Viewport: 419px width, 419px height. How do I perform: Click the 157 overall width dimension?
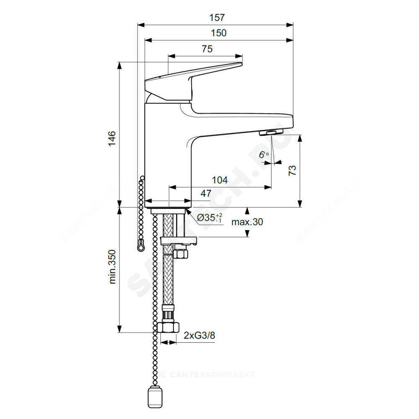(x=217, y=18)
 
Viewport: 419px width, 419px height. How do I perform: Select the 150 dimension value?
(x=219, y=33)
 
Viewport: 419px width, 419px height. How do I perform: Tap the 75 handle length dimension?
(x=207, y=49)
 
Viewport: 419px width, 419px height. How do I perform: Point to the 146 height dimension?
(x=112, y=138)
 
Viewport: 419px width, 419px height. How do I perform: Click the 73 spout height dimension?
(x=292, y=170)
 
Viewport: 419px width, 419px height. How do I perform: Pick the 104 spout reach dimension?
(x=220, y=180)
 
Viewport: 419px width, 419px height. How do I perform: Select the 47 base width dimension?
(x=206, y=193)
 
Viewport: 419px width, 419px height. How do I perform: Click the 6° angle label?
(x=263, y=155)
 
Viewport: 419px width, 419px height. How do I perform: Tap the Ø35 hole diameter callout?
(x=209, y=218)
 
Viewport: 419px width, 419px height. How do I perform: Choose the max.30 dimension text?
(x=247, y=222)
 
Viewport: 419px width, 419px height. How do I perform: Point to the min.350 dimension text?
(x=112, y=266)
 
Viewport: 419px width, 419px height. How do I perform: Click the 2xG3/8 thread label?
(x=199, y=335)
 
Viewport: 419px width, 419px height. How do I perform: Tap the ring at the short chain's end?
(x=140, y=248)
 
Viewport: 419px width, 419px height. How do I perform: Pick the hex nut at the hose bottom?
(x=168, y=327)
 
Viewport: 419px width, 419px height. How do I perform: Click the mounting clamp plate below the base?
(x=178, y=241)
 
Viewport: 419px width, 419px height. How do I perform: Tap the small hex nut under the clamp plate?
(x=181, y=253)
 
